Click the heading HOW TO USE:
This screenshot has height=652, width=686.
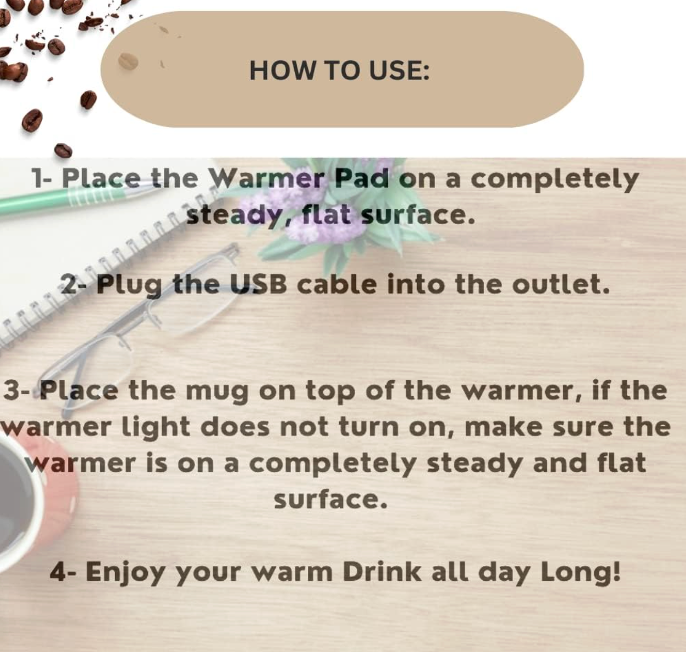339,71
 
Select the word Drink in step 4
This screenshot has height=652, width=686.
382,572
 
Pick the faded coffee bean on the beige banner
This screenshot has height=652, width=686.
128,61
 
